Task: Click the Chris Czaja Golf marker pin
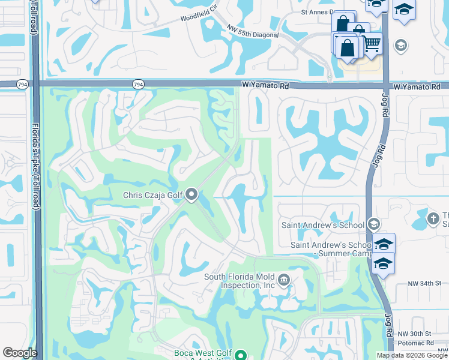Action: (x=191, y=194)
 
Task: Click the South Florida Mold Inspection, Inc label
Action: (x=240, y=281)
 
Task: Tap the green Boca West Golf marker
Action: (x=241, y=355)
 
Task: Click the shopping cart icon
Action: (x=372, y=44)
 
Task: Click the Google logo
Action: (x=20, y=353)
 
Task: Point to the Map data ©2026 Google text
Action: (x=412, y=355)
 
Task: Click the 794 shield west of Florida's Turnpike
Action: (x=23, y=85)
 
